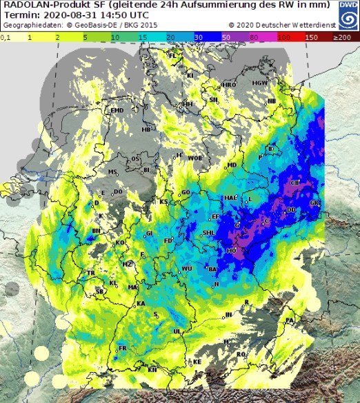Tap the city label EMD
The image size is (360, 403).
pos(117,110)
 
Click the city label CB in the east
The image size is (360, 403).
pos(295,183)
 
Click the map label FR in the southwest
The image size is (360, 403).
pos(123,349)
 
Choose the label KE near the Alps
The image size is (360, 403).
pos(197,362)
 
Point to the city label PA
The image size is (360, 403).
pos(290,321)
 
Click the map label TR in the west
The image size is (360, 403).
pos(90,273)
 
